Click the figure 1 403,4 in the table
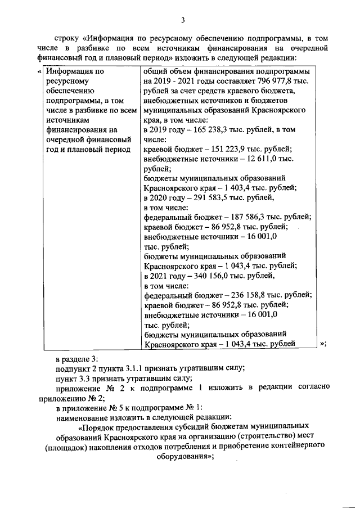230,188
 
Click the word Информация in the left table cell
70,71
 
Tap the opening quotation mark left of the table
39,71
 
